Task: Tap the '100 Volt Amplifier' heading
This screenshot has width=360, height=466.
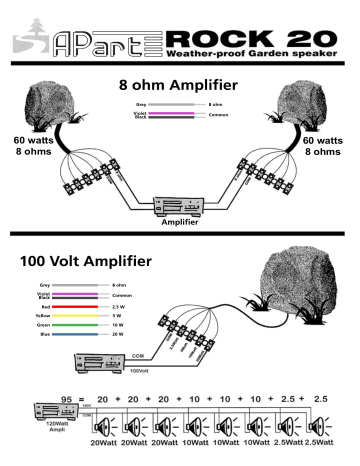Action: [86, 262]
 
